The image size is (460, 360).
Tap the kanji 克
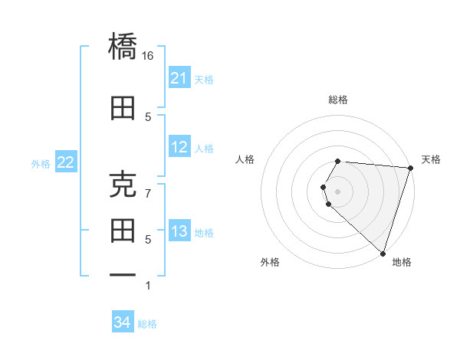coord(123,185)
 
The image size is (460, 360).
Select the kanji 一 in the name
coord(123,274)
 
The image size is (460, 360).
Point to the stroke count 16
coord(148,56)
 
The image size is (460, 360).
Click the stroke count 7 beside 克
coord(148,193)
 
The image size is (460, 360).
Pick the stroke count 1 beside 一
coord(148,286)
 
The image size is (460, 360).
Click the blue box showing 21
coord(179,78)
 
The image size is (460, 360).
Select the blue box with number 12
coord(179,147)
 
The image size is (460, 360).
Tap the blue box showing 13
coord(179,232)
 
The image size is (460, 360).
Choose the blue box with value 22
coord(66,162)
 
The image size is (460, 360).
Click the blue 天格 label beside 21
coord(204,79)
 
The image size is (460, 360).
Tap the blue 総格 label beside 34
coord(147,324)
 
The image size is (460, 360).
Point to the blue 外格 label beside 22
coord(41,163)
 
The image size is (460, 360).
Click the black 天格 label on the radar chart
coord(431,159)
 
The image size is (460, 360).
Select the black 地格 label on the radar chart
coord(402,262)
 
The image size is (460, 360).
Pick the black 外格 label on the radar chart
coord(270,262)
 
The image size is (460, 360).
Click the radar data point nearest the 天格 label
coord(409,168)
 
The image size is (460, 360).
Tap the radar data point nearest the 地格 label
coord(383,253)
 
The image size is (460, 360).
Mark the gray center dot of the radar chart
coord(338,191)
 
